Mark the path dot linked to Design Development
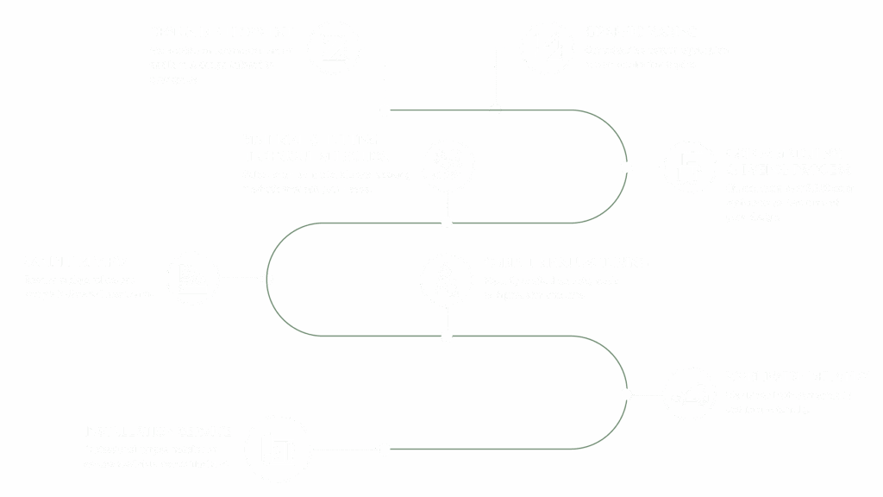coord(385,110)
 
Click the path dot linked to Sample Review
coord(269,279)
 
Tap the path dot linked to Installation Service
coord(385,450)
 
